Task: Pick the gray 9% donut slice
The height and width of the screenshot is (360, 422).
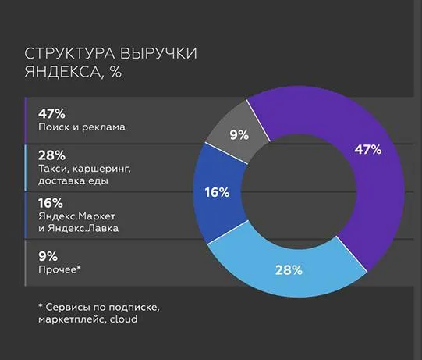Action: click(238, 134)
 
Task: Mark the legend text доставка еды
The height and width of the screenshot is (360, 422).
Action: click(73, 181)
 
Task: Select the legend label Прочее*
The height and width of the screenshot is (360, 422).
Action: click(59, 269)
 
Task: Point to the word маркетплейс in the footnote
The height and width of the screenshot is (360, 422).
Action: click(69, 319)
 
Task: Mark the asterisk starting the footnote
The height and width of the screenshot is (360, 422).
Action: click(40, 305)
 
